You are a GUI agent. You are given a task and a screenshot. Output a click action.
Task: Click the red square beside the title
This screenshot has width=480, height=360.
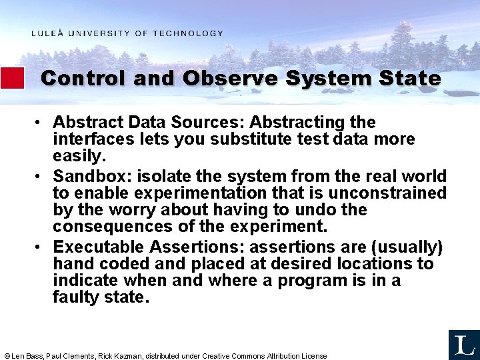pos(12,78)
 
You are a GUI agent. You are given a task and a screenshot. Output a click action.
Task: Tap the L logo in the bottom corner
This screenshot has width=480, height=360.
pos(463,344)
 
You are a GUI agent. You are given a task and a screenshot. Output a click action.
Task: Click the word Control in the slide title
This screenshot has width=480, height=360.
pos(83,78)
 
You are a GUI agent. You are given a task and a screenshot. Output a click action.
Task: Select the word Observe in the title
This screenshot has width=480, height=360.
pos(231,78)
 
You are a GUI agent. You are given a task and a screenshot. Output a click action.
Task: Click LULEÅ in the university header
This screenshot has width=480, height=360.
pos(47,33)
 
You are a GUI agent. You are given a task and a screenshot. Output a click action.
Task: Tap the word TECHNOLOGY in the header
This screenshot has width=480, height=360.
pos(188,33)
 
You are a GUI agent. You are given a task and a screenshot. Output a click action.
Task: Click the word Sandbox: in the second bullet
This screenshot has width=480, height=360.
pos(87,177)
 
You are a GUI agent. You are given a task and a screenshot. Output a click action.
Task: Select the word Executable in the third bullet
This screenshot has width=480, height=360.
pos(99,247)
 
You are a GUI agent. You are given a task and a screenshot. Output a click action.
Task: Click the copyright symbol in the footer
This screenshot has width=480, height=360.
pos(7,356)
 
